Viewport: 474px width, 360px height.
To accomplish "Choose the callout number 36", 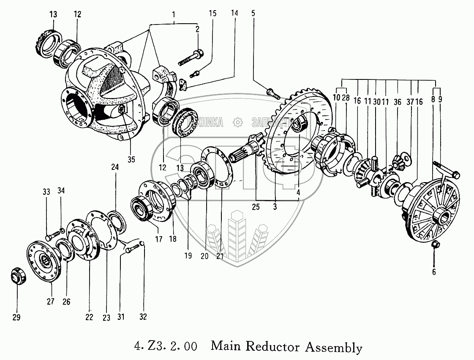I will coord(397,101).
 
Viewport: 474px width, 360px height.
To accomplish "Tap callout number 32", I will coord(143,317).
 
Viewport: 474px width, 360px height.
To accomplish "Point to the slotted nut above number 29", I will coord(18,278).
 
